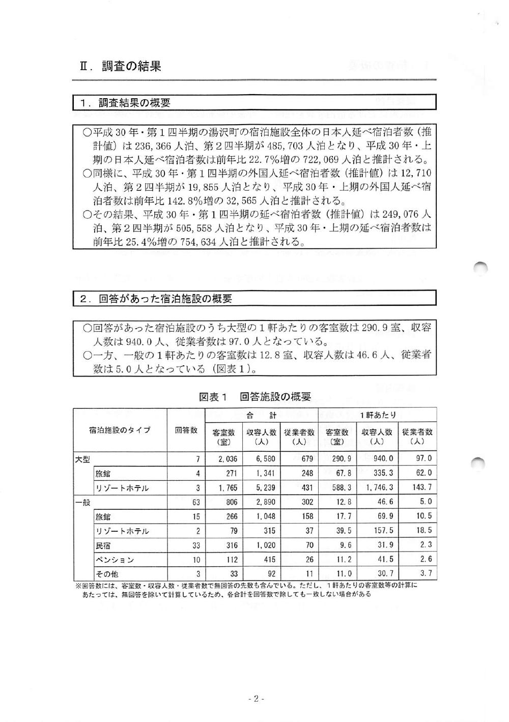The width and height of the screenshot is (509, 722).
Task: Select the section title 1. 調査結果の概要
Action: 125,103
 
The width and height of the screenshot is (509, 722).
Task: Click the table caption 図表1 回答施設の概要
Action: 254,397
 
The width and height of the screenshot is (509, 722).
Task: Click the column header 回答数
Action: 186,430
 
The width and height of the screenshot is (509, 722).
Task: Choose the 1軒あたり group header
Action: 377,415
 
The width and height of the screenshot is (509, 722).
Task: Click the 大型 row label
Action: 82,458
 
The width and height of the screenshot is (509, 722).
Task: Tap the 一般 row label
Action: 82,502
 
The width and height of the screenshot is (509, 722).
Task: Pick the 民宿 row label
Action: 103,545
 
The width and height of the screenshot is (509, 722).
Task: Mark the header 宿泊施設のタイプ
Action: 120,430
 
